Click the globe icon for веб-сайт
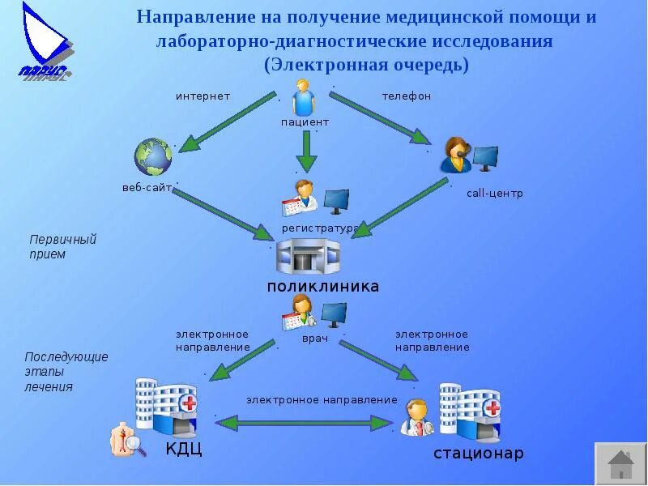[153, 156]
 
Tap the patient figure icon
[304, 98]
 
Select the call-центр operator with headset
[454, 155]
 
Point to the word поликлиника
[323, 287]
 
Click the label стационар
[478, 453]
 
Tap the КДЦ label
[183, 449]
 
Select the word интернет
[203, 96]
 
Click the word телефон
[407, 96]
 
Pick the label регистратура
[319, 228]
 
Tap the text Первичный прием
[62, 247]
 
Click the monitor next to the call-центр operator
[486, 157]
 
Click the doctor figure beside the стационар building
[418, 417]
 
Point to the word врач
[315, 339]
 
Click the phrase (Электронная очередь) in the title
[366, 64]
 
